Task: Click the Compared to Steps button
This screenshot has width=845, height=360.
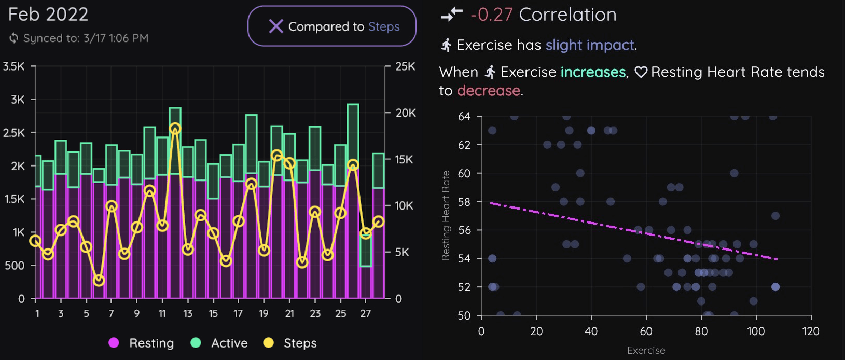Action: pos(332,26)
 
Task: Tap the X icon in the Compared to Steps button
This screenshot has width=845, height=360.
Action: pos(276,26)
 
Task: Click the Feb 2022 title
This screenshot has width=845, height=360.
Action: pos(48,14)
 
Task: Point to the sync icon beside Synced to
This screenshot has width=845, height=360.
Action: pos(14,38)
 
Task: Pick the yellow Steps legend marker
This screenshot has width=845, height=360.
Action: pos(268,342)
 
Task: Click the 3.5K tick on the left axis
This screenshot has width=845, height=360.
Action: pos(13,66)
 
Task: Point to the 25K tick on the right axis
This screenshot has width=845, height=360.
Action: pos(405,66)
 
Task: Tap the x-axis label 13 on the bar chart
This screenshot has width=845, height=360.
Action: pos(188,313)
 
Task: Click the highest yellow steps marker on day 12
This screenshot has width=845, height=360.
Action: pos(175,129)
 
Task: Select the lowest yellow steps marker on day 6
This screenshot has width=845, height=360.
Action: pos(99,281)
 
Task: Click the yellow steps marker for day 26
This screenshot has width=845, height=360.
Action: pos(353,165)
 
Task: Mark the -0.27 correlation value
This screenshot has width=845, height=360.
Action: pos(491,15)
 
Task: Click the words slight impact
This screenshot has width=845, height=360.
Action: pos(590,45)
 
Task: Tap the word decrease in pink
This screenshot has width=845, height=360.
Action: pos(488,91)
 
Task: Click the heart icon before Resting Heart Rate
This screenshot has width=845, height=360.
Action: pos(641,72)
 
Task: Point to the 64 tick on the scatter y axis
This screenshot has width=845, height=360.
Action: pos(464,117)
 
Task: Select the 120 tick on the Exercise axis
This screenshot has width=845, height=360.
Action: pos(810,331)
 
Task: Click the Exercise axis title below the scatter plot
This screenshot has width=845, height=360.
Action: pos(646,350)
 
